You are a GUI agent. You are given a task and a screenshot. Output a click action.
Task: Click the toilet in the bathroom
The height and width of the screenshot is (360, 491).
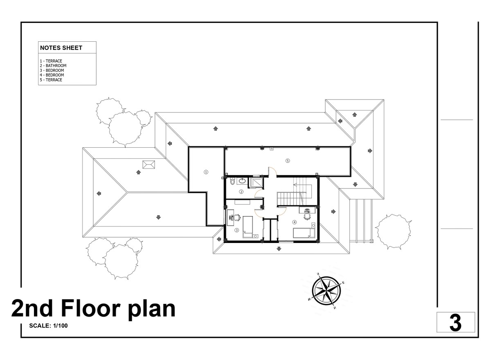point(232,181)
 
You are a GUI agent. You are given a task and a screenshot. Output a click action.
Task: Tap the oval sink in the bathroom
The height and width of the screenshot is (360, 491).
point(242,181)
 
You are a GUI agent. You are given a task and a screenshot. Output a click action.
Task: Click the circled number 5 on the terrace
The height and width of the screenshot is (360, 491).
point(288,161)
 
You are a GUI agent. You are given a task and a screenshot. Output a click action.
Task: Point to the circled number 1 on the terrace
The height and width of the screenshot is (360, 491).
point(206,172)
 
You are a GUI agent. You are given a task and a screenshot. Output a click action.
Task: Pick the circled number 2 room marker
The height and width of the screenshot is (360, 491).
point(241,192)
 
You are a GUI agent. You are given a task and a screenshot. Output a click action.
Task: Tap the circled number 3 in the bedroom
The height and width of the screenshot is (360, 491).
point(236,230)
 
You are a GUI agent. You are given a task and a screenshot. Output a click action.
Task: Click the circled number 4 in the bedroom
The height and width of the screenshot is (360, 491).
point(294,222)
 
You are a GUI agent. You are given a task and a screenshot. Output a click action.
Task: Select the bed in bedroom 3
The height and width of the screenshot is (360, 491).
point(248,227)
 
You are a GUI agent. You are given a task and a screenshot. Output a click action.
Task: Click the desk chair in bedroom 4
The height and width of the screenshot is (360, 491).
point(307,216)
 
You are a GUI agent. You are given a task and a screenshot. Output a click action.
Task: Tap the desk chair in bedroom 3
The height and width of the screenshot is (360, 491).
point(236,217)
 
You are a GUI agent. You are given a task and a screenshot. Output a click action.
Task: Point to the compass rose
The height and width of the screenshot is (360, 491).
point(327,290)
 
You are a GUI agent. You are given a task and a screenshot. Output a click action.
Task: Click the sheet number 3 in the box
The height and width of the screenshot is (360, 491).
point(455,324)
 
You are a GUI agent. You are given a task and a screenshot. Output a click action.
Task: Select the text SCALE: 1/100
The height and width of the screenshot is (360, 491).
point(48,326)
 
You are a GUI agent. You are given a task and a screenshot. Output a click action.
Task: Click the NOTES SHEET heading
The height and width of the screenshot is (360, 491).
point(61,48)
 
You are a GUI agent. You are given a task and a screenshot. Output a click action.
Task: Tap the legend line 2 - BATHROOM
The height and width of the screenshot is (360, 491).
point(53,65)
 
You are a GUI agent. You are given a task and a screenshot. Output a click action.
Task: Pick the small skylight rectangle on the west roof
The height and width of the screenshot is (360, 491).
point(149,164)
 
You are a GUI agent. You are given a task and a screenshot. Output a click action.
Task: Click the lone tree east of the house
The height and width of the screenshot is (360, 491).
point(394,232)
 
